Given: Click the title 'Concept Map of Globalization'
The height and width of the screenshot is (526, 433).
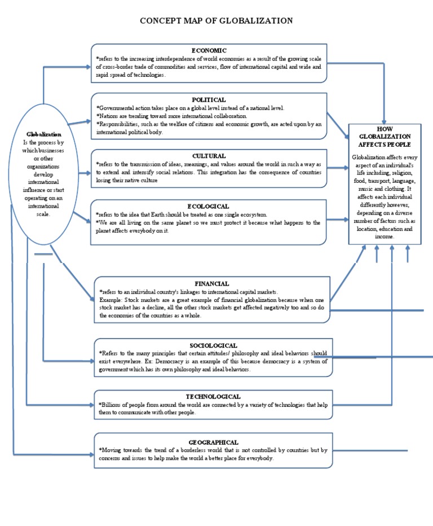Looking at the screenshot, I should (x=216, y=21).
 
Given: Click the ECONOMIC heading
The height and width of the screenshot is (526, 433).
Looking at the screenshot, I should (x=209, y=50).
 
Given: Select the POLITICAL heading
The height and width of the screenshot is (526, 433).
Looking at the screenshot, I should (x=209, y=99).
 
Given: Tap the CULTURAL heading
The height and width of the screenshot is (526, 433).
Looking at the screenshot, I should (x=209, y=156).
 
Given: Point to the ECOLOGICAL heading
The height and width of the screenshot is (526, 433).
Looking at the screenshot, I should (x=209, y=207).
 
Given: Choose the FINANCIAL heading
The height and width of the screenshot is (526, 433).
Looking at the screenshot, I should (x=212, y=283).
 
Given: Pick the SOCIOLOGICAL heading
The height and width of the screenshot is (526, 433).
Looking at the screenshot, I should (x=213, y=345).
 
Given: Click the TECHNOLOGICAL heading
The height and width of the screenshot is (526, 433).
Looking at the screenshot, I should (x=213, y=397).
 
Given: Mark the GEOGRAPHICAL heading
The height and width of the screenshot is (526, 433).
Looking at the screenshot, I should (x=213, y=442).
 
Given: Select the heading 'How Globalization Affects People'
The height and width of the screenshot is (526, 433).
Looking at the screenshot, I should (x=385, y=137).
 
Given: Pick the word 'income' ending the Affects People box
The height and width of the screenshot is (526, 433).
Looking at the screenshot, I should (x=383, y=237).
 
